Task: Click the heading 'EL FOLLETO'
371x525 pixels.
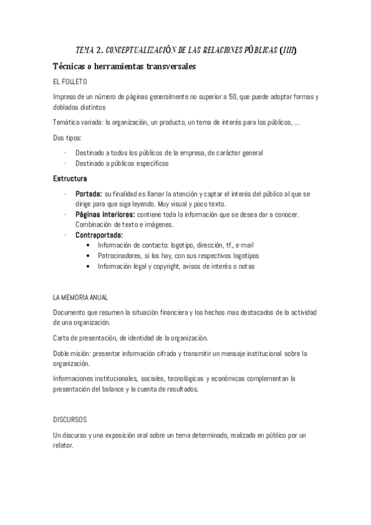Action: [x=70, y=82]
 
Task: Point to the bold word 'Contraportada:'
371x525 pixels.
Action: [x=99, y=235]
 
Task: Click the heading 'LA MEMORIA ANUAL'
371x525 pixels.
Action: [x=81, y=297]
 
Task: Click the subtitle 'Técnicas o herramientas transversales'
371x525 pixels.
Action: [x=124, y=66]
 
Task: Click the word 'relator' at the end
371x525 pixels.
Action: [x=63, y=446]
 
